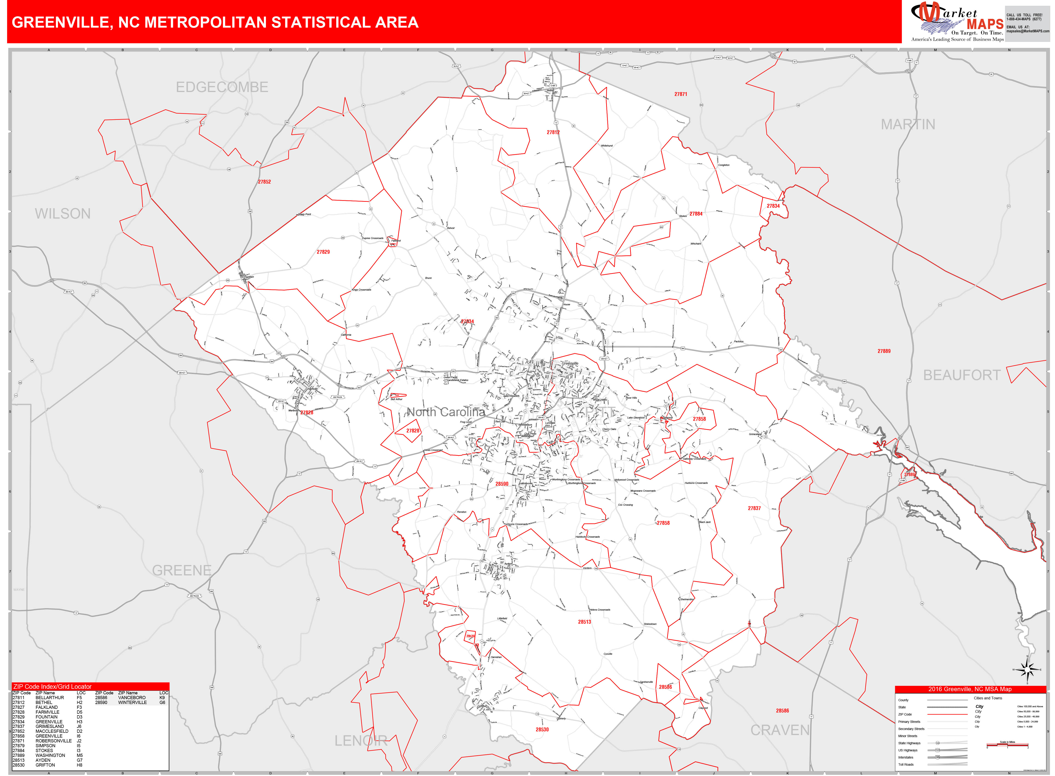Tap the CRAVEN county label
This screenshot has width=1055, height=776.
[x=780, y=730]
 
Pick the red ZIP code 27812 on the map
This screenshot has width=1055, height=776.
[x=553, y=133]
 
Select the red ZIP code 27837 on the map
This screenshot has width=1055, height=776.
[x=754, y=508]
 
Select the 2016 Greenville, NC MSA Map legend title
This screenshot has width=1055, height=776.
[x=969, y=689]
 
